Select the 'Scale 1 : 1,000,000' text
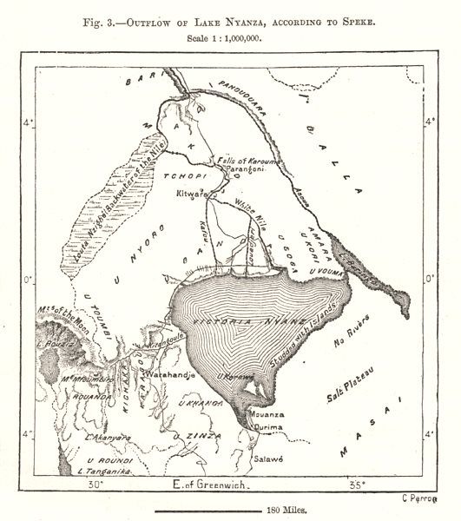coord(230,39)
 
